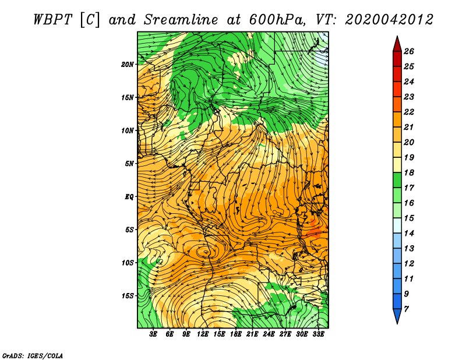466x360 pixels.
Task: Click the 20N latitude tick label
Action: [x=127, y=65]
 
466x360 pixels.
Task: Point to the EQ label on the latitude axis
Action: [x=129, y=197]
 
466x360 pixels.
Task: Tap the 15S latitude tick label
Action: [x=128, y=296]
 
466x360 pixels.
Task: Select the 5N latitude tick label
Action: [x=129, y=164]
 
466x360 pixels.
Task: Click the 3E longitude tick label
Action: [x=153, y=334]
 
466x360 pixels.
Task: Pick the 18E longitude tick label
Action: [x=236, y=334]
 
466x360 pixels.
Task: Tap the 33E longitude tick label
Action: [x=318, y=334]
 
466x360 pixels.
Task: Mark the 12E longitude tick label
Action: [x=203, y=334]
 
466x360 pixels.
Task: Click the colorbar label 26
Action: [x=409, y=51]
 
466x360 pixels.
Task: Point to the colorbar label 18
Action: [x=409, y=172]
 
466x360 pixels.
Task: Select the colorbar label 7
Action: [x=406, y=309]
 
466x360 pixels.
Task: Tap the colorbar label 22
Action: [x=409, y=112]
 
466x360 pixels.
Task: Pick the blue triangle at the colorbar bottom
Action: [x=397, y=315]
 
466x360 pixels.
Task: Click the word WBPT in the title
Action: [x=52, y=20]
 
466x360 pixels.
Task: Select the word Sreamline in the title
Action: [x=181, y=20]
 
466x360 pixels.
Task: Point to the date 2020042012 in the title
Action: [x=389, y=20]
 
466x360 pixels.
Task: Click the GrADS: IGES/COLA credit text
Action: [x=33, y=356]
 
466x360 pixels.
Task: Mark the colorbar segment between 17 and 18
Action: [x=397, y=180]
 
